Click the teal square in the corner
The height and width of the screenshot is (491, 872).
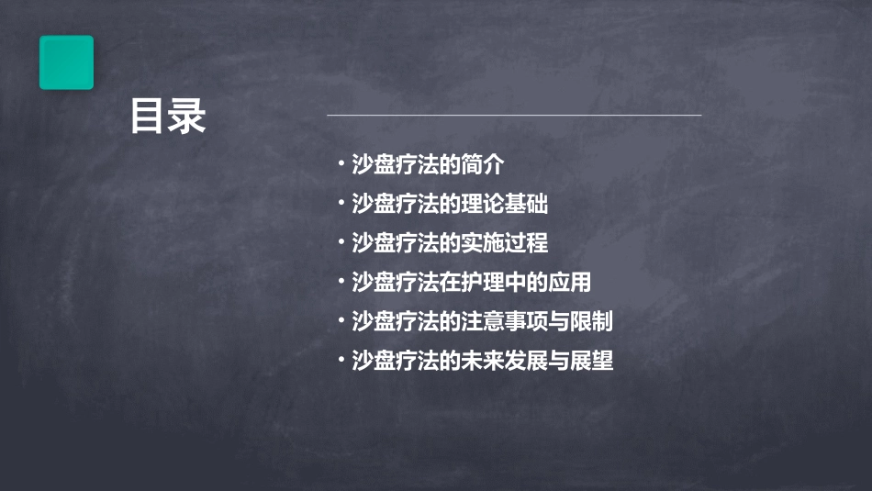[66, 62]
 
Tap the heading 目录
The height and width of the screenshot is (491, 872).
[168, 117]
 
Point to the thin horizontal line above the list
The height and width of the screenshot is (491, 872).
[514, 116]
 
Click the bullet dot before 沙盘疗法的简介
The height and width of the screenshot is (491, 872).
[341, 165]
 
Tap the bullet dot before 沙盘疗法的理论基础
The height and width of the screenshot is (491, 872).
[341, 204]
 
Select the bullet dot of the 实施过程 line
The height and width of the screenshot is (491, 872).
[341, 243]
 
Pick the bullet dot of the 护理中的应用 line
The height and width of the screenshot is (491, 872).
[341, 283]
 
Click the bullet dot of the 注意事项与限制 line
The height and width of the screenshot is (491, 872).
[341, 322]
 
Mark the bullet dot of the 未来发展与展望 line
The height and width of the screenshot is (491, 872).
[341, 361]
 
